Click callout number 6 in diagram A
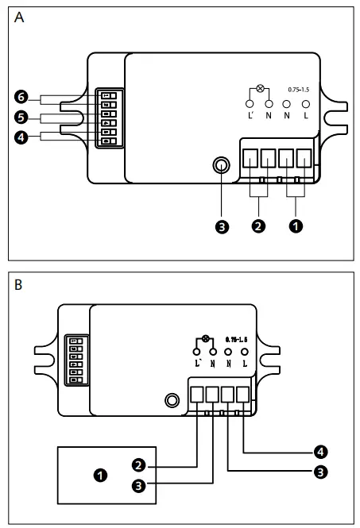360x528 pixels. tap(21, 97)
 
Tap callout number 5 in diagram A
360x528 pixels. tap(21, 118)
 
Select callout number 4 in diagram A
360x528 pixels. tap(21, 137)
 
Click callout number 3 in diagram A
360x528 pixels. tap(223, 226)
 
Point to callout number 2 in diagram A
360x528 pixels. tap(258, 226)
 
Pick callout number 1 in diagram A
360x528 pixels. tap(296, 226)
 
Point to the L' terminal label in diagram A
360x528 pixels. tap(250, 117)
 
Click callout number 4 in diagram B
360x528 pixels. tap(319, 452)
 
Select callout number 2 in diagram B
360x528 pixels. tap(138, 465)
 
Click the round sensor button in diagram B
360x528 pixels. tap(170, 401)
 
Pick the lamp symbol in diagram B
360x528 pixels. tap(207, 339)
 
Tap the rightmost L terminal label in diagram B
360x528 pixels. tap(245, 363)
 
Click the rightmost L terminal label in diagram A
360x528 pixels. tap(305, 117)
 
